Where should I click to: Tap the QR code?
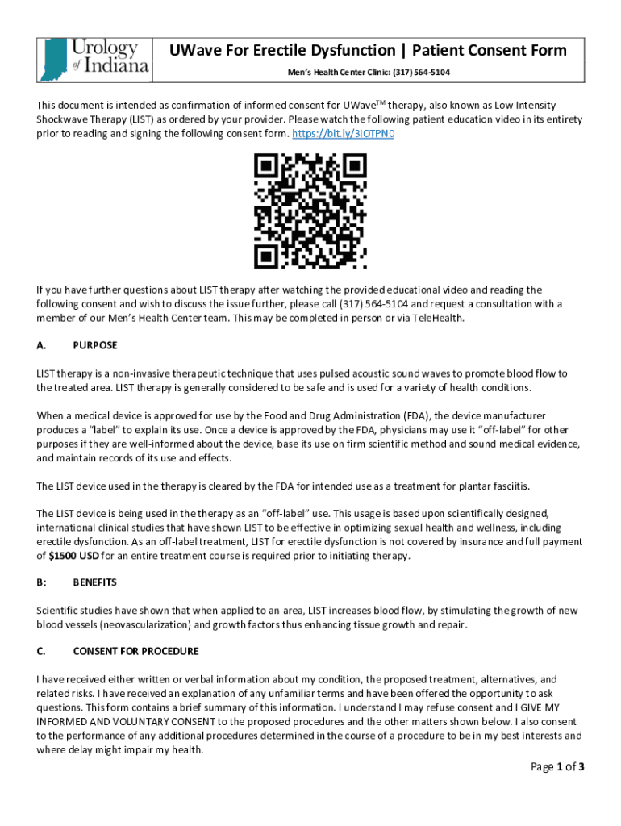coord(310,212)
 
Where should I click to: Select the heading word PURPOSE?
coord(94,345)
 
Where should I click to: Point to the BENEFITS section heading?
coord(94,582)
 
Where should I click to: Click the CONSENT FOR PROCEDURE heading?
coord(135,651)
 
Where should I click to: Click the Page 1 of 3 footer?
coord(556,766)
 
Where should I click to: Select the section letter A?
coord(40,345)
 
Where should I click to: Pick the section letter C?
coord(40,651)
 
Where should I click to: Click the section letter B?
coord(41,582)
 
